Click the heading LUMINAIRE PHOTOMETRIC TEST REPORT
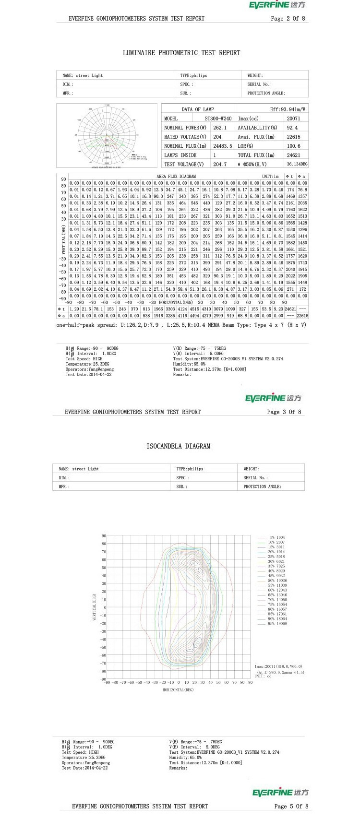click(x=181, y=53)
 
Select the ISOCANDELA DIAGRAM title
click(x=178, y=446)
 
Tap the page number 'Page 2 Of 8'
click(x=288, y=19)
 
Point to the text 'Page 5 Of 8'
click(x=291, y=806)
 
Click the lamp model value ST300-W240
click(x=218, y=119)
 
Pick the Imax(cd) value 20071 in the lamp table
click(x=293, y=119)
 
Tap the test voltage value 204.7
click(x=219, y=164)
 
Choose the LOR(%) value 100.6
click(x=293, y=146)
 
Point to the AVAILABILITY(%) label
click(x=257, y=128)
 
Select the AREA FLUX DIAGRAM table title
click(x=176, y=177)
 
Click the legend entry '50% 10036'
click(x=276, y=581)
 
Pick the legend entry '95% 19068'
click(x=276, y=624)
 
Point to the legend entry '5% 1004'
click(x=276, y=537)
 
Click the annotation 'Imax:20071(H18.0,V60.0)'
click(x=278, y=666)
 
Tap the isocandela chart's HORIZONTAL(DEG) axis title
click(x=178, y=689)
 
